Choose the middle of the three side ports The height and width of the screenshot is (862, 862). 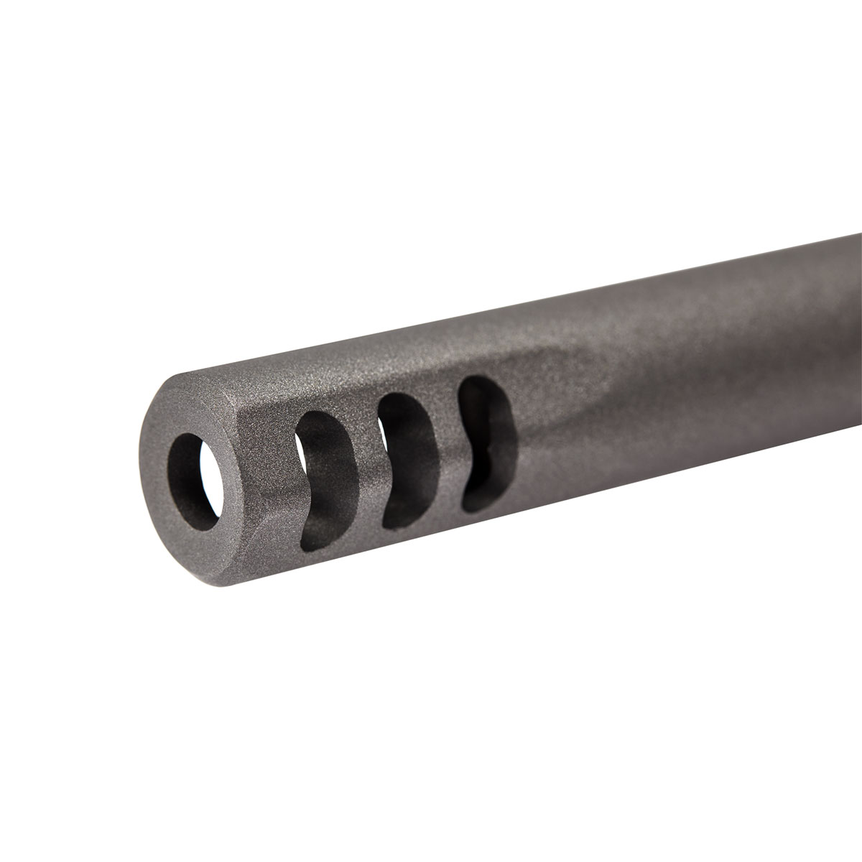pyautogui.click(x=407, y=455)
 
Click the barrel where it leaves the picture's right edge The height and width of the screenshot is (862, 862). pyautogui.click(x=851, y=316)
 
